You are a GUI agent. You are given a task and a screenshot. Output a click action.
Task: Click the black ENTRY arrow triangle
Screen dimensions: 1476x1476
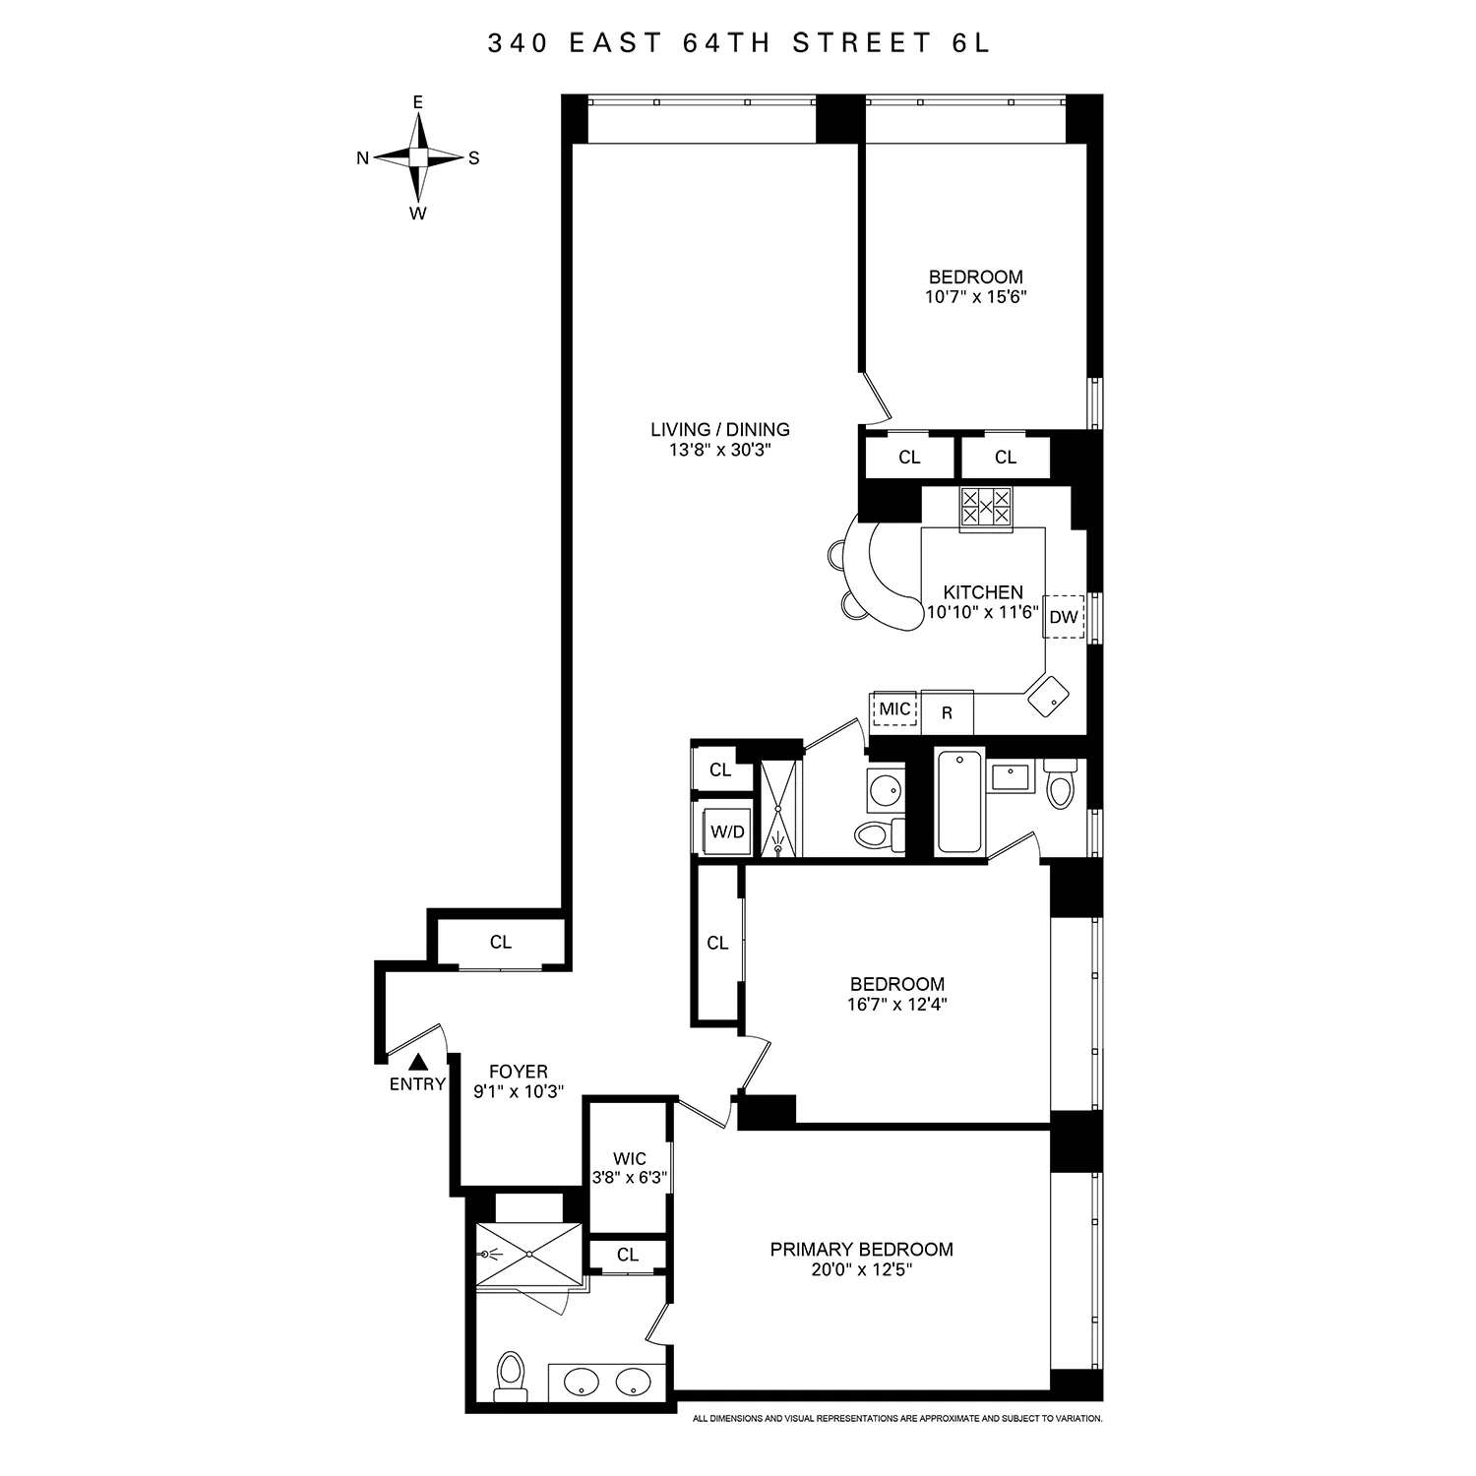pos(418,1061)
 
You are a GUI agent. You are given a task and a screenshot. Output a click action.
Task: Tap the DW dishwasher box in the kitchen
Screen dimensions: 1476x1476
pos(1063,617)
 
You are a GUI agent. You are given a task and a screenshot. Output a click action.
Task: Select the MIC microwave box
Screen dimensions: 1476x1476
pos(894,709)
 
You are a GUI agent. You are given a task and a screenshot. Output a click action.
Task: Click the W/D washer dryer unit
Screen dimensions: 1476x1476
pos(728,831)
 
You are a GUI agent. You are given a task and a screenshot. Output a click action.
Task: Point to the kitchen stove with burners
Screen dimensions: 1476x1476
pos(986,508)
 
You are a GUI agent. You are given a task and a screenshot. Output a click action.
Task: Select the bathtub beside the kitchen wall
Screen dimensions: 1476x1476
pos(959,801)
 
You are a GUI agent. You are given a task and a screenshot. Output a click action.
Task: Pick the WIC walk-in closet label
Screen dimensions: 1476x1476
pos(629,1158)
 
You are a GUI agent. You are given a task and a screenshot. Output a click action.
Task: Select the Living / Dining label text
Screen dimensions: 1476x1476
pos(720,429)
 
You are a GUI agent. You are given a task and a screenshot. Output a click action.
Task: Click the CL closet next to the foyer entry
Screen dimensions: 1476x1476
pos(501,942)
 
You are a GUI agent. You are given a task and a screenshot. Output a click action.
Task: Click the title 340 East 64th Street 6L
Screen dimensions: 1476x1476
pos(738,43)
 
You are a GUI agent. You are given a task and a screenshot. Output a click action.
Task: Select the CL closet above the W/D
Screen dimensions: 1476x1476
pos(720,769)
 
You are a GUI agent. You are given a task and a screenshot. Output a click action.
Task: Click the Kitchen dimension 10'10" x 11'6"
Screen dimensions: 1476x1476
pos(982,611)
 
